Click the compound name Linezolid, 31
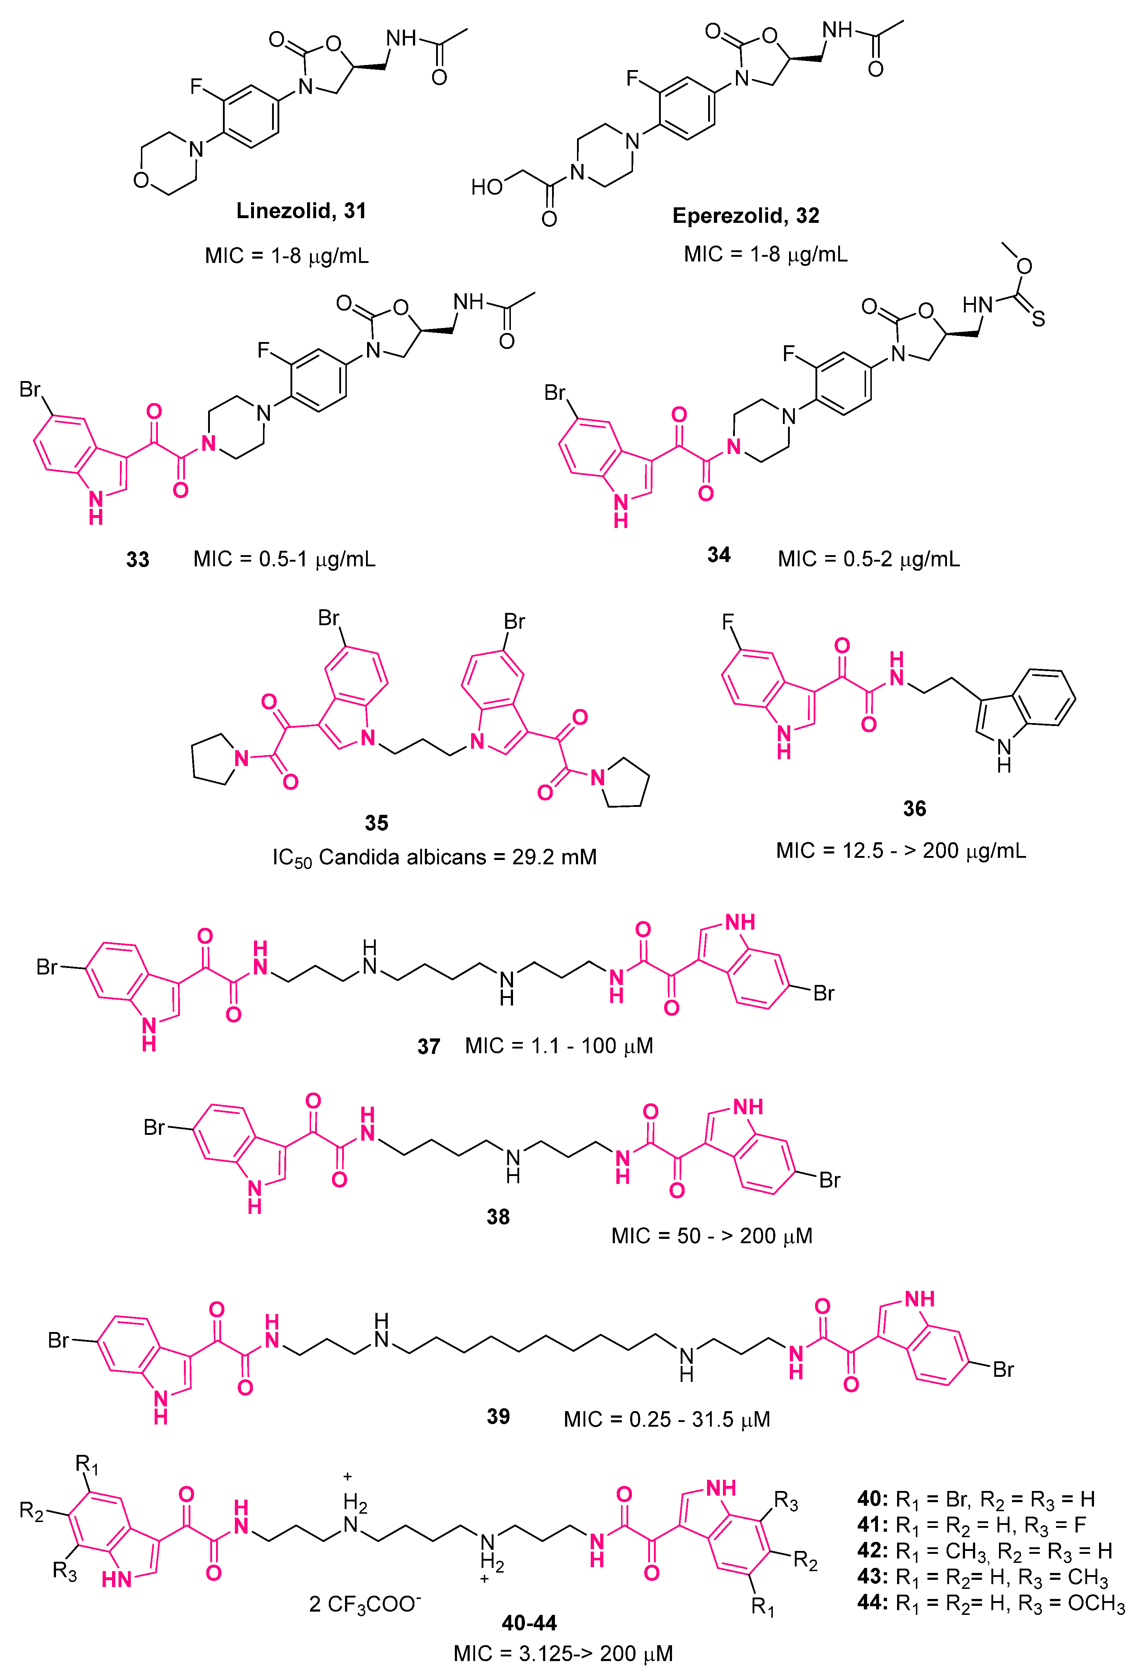point(301,211)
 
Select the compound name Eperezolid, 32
point(745,216)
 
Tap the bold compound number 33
point(138,559)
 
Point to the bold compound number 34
point(719,555)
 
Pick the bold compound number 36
point(914,808)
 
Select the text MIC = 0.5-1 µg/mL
point(284,559)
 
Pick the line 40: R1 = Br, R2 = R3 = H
point(976,1500)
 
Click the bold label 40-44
point(529,1622)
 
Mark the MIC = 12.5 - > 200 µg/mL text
point(901,851)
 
